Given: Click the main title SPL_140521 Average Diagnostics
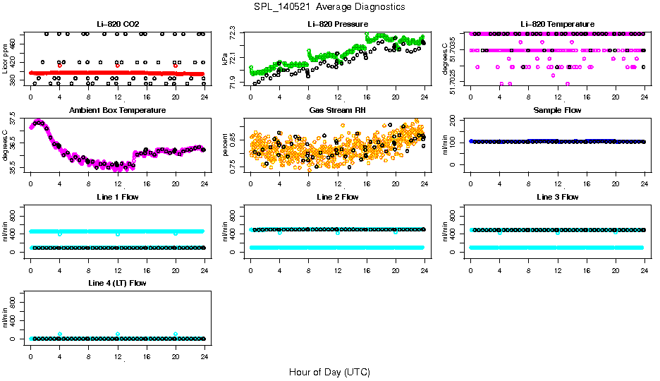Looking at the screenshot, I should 330,6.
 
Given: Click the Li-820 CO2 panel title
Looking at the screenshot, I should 117,25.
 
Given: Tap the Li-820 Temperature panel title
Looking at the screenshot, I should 557,25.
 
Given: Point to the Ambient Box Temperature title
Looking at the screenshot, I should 117,111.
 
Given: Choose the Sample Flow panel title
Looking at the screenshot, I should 557,111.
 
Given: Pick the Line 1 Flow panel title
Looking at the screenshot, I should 117,197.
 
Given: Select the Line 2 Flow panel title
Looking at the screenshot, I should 337,197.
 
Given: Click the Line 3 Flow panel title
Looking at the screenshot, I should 557,197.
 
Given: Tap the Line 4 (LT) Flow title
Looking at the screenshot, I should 117,283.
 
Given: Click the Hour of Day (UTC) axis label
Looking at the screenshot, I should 329,372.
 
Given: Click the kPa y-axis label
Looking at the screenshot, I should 225,60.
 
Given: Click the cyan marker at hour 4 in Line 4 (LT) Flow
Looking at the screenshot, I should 60,334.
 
